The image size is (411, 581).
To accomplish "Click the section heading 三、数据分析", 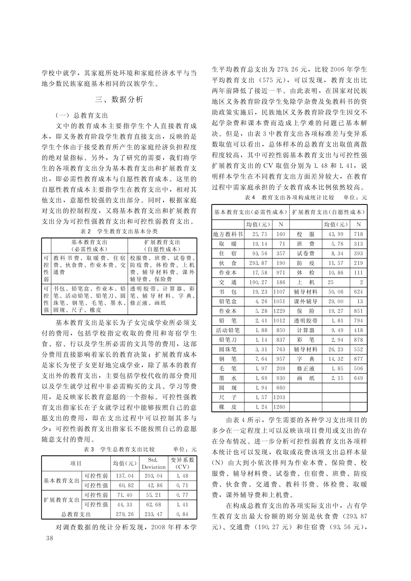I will pos(119,99).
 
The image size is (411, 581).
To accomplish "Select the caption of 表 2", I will pos(119,231).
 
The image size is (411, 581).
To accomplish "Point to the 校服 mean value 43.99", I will pos(336,234).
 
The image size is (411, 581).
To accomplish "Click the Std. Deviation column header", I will pos(154,463).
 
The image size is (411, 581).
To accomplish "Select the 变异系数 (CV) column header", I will pos(182,463).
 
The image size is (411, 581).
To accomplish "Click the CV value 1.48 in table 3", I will pos(182,476).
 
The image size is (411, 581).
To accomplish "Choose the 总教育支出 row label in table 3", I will pos(76,514).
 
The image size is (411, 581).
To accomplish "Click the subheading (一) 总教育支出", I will pos(82,116).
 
